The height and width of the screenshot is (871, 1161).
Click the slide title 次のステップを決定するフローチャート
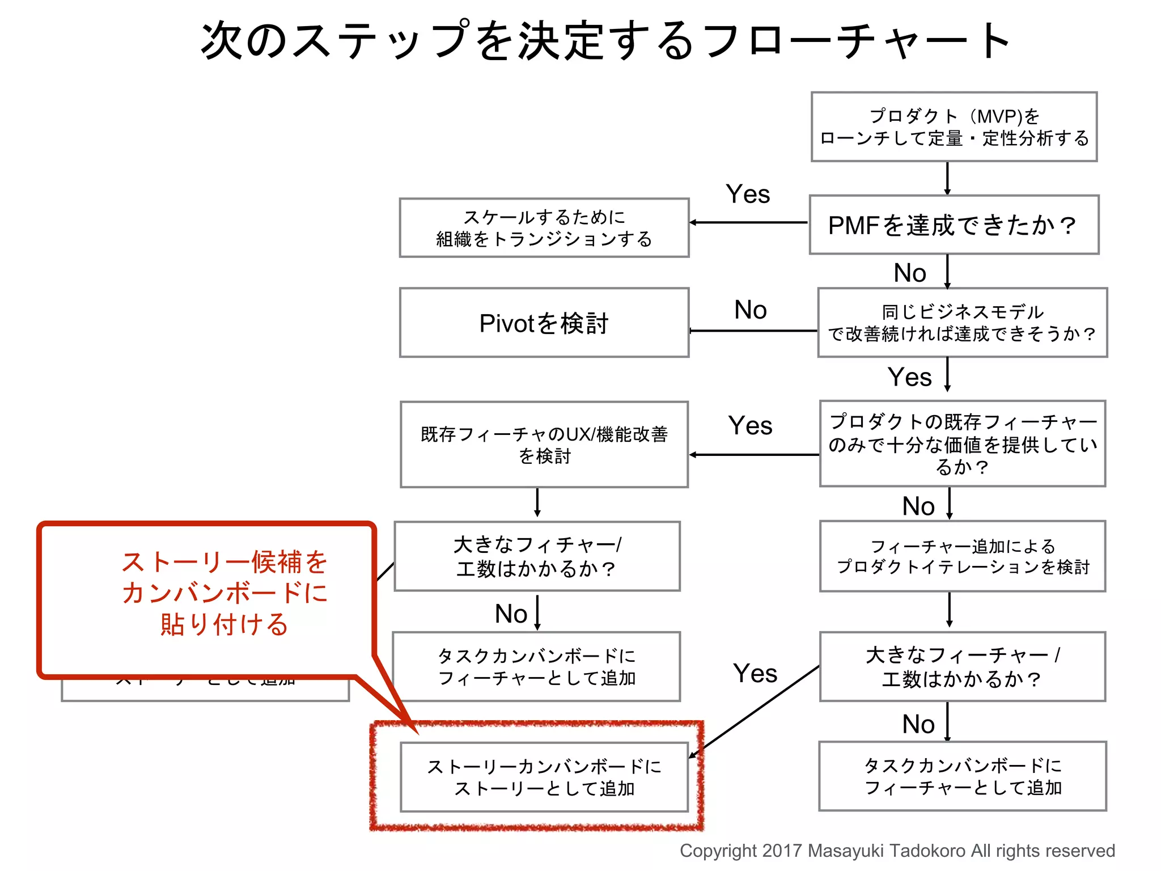pyautogui.click(x=605, y=41)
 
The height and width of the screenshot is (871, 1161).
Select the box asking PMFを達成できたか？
pyautogui.click(x=954, y=225)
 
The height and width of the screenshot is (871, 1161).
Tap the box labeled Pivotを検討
pyautogui.click(x=544, y=323)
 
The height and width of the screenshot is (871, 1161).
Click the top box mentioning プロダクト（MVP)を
pyautogui.click(x=954, y=127)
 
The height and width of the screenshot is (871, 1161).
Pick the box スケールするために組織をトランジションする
pyautogui.click(x=544, y=228)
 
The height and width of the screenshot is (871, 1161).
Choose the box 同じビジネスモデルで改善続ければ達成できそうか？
pyautogui.click(x=962, y=323)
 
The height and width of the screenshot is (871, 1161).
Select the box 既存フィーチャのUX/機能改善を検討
pyautogui.click(x=544, y=445)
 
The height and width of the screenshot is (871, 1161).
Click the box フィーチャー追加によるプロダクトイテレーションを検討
pyautogui.click(x=962, y=556)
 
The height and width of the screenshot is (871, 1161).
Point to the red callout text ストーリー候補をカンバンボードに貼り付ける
pyautogui.click(x=224, y=593)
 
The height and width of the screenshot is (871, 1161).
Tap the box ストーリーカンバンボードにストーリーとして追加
pyautogui.click(x=544, y=777)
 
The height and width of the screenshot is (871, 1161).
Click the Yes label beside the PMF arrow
pyautogui.click(x=748, y=195)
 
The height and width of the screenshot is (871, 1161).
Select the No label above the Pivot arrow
pyautogui.click(x=750, y=310)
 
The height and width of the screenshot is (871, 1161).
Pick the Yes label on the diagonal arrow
pyautogui.click(x=755, y=674)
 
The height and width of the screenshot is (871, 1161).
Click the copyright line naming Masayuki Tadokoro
pyautogui.click(x=897, y=851)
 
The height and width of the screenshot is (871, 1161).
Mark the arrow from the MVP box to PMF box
pyautogui.click(x=947, y=178)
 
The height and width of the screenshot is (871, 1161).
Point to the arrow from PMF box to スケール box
pyautogui.click(x=748, y=222)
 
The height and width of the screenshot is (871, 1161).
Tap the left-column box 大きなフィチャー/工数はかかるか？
pyautogui.click(x=537, y=556)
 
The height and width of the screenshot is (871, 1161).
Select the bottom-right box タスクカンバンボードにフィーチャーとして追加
pyautogui.click(x=962, y=776)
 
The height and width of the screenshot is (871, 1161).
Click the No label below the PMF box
pyautogui.click(x=909, y=273)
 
